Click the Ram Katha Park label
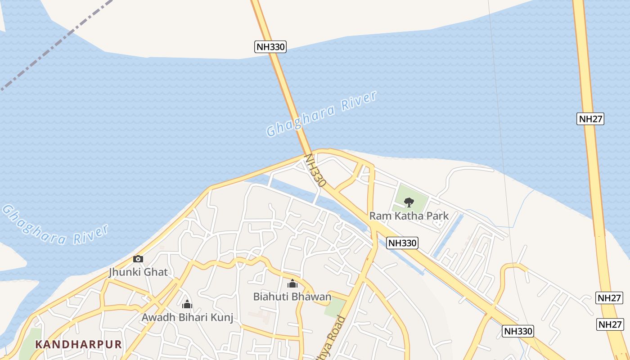(409, 216)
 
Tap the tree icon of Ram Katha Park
(409, 202)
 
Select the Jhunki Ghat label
(138, 272)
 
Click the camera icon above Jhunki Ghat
(138, 259)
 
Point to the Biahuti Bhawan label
(292, 297)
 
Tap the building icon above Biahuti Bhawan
(292, 283)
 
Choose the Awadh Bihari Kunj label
(187, 318)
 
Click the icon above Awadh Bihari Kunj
(187, 304)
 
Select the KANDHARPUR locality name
(79, 345)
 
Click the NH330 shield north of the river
(270, 47)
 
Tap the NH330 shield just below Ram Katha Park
(402, 243)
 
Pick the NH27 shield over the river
(590, 119)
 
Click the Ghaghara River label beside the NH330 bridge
(321, 113)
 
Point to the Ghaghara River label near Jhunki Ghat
(55, 225)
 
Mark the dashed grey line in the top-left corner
(54, 45)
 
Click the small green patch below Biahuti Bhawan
(334, 307)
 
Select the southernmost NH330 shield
(517, 332)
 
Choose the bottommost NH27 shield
(610, 324)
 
